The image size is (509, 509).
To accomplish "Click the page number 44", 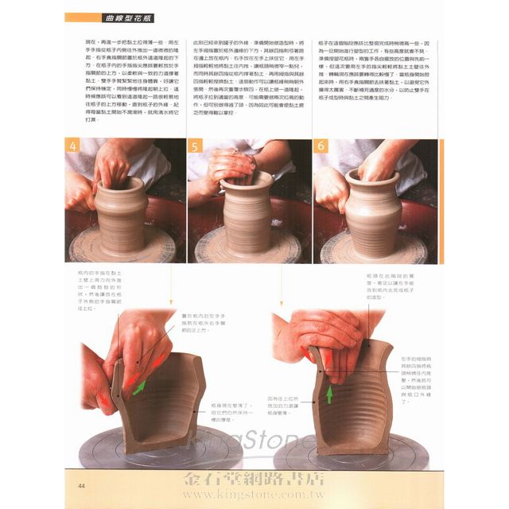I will [x=82, y=486].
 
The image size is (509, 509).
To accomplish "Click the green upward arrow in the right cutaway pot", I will [x=328, y=393].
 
